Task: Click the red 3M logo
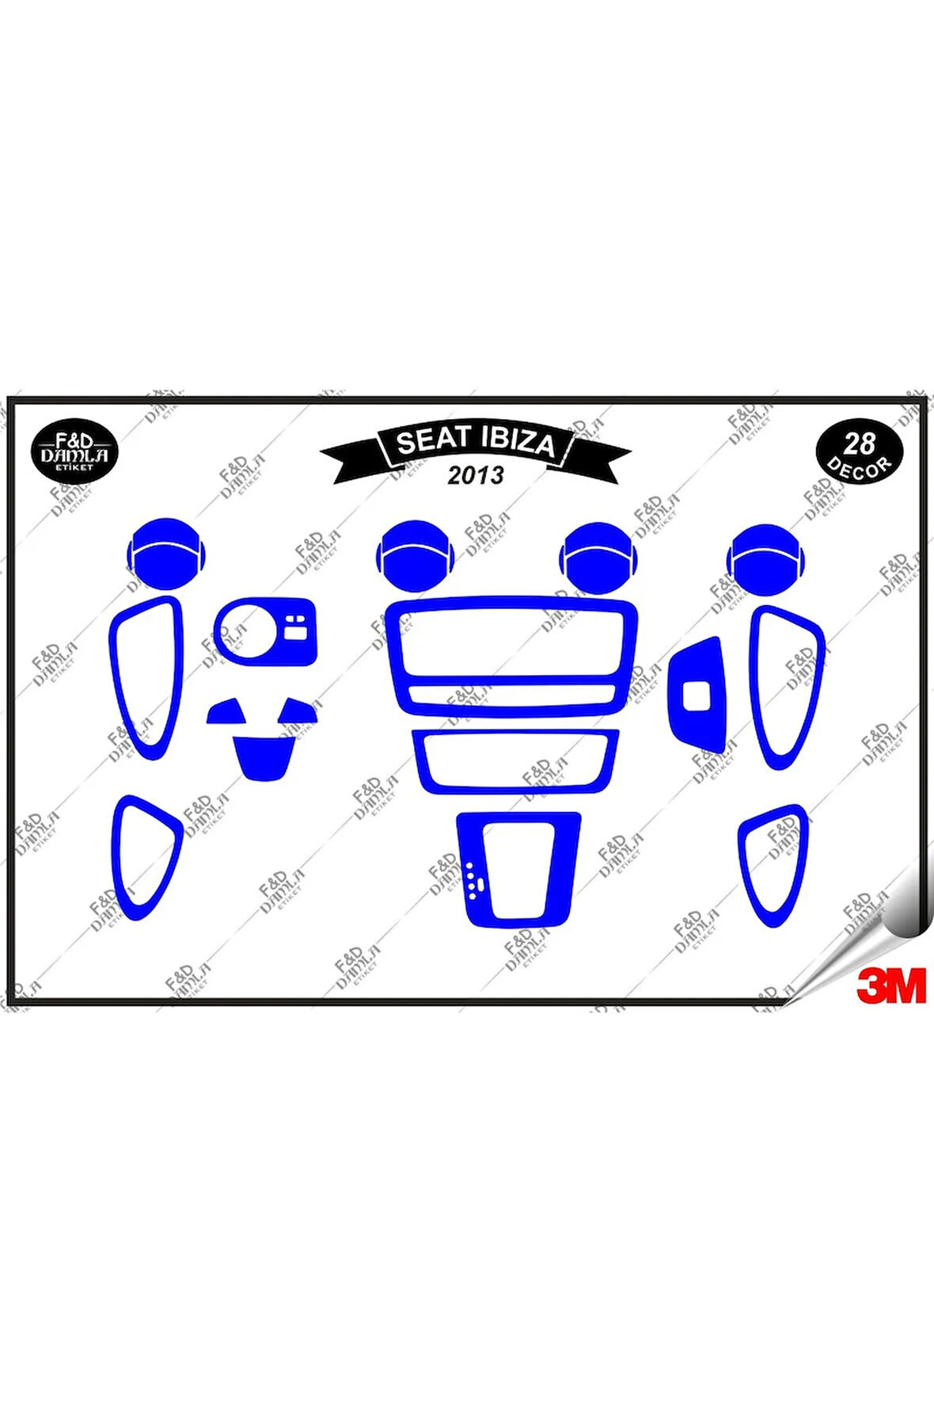pyautogui.click(x=890, y=985)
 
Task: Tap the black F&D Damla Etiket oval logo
pyautogui.click(x=74, y=452)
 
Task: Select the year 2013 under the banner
pyautogui.click(x=475, y=475)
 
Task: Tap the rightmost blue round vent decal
pyautogui.click(x=765, y=558)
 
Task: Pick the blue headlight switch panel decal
pyautogui.click(x=266, y=631)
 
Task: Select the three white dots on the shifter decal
pyautogui.click(x=473, y=881)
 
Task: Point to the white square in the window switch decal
pyautogui.click(x=696, y=695)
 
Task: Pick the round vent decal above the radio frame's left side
pyautogui.click(x=416, y=555)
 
